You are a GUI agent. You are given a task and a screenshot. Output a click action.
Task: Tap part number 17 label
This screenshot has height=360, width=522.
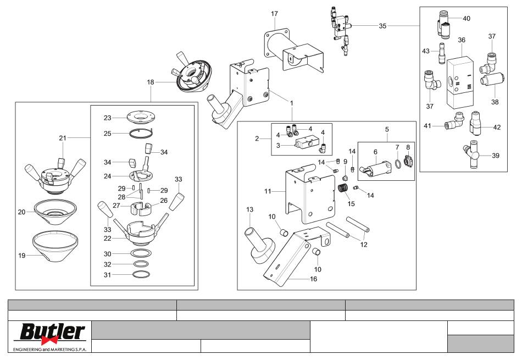click(274, 14)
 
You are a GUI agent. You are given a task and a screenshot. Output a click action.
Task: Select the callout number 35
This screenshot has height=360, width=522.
click(382, 26)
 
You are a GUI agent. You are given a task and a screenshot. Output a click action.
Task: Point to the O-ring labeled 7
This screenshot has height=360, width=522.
click(397, 164)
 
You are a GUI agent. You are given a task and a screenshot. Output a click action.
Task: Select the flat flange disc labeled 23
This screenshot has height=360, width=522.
click(141, 118)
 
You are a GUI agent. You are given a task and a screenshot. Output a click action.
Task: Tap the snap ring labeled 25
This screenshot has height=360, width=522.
click(141, 132)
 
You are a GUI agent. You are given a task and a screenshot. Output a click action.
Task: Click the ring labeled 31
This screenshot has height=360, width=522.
click(141, 275)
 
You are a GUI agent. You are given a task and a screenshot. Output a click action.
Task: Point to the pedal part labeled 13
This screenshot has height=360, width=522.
click(260, 246)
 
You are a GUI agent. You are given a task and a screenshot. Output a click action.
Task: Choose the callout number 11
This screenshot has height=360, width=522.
click(268, 191)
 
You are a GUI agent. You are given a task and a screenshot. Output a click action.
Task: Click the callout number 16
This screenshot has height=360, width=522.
click(314, 279)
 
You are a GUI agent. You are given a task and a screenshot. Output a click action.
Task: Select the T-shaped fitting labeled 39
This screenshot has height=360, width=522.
click(471, 154)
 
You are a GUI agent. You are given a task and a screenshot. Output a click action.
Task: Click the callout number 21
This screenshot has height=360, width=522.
click(63, 138)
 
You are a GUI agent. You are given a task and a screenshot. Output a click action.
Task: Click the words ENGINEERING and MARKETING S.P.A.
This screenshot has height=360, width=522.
click(49, 350)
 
